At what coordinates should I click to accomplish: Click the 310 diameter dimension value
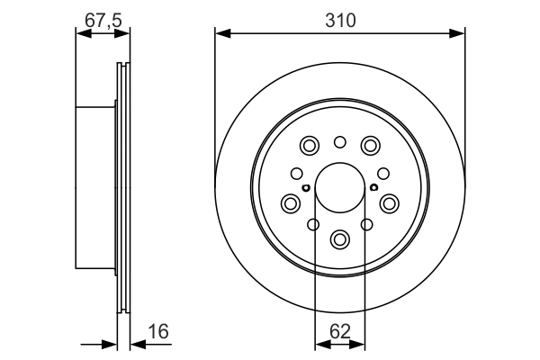pyautogui.click(x=339, y=18)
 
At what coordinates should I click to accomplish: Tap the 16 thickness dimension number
pyautogui.click(x=157, y=332)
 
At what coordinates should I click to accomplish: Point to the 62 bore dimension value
pyautogui.click(x=339, y=332)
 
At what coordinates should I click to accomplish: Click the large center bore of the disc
pyautogui.click(x=339, y=187)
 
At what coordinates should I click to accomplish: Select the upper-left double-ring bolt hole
pyautogui.click(x=310, y=146)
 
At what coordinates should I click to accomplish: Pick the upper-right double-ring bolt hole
pyautogui.click(x=370, y=146)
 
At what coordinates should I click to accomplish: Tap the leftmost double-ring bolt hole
pyautogui.click(x=291, y=203)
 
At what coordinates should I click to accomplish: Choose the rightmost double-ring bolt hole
pyautogui.click(x=389, y=203)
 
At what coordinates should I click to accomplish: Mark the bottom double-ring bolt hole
pyautogui.click(x=339, y=239)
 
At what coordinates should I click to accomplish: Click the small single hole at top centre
pyautogui.click(x=339, y=141)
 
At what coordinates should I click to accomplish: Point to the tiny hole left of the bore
pyautogui.click(x=306, y=187)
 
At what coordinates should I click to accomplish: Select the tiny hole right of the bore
pyautogui.click(x=373, y=187)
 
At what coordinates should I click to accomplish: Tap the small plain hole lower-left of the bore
pyautogui.click(x=313, y=224)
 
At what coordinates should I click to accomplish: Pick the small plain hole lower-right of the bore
pyautogui.click(x=366, y=224)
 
